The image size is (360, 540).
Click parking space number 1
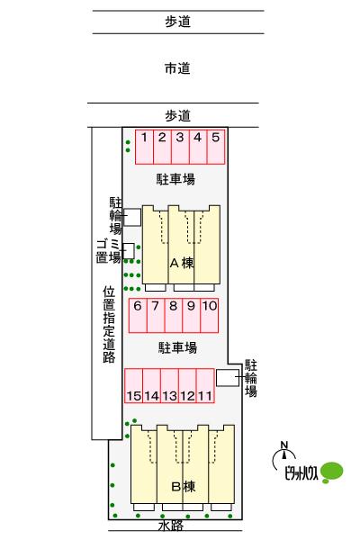[x=144, y=147]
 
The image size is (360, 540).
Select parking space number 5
[x=216, y=147]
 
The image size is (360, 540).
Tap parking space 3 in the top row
[x=180, y=147]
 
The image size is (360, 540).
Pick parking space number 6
[x=138, y=315]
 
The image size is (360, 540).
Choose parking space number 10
[x=209, y=315]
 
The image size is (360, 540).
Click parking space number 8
[x=174, y=315]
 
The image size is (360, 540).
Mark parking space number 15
[x=134, y=385]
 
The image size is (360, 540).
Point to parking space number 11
[x=205, y=385]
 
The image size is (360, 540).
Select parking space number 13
[x=169, y=385]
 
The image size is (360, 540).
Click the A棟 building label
[x=182, y=263]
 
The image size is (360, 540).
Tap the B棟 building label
[x=184, y=487]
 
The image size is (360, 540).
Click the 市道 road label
[x=177, y=68]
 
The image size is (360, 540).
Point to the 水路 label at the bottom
[x=171, y=526]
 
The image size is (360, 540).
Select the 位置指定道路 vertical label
[x=109, y=324]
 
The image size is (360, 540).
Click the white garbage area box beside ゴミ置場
[x=129, y=251]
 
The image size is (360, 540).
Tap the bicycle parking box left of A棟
[x=132, y=217]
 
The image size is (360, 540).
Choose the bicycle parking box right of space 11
[x=228, y=377]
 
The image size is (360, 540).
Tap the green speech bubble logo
[x=332, y=472]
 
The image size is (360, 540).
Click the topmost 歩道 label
[x=178, y=22]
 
